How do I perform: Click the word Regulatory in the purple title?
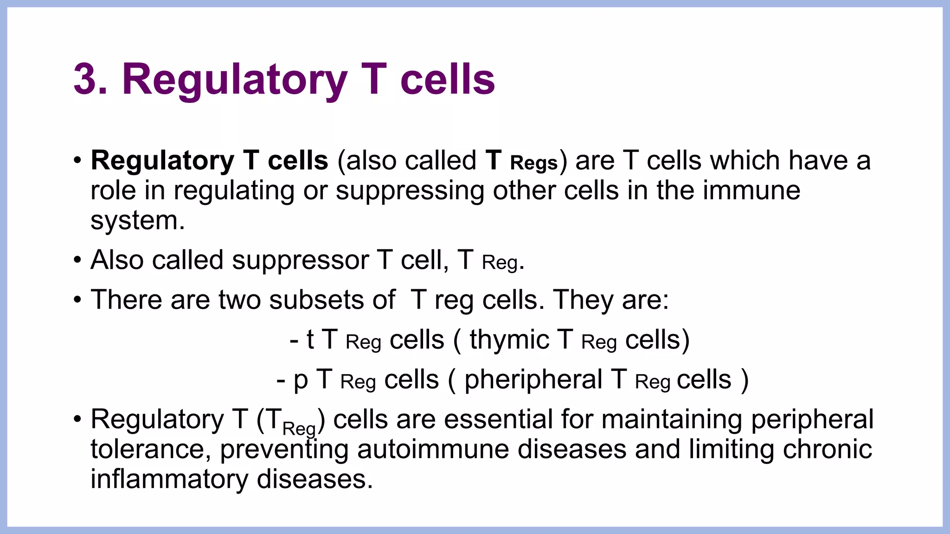click(234, 80)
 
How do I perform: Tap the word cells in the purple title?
click(448, 80)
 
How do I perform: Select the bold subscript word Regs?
click(533, 164)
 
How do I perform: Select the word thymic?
click(509, 340)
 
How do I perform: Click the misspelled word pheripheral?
click(533, 380)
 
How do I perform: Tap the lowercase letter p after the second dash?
click(301, 381)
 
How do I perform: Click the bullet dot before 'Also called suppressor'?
click(77, 260)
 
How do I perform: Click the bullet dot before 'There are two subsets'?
click(77, 300)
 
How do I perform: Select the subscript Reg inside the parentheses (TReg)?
click(299, 429)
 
